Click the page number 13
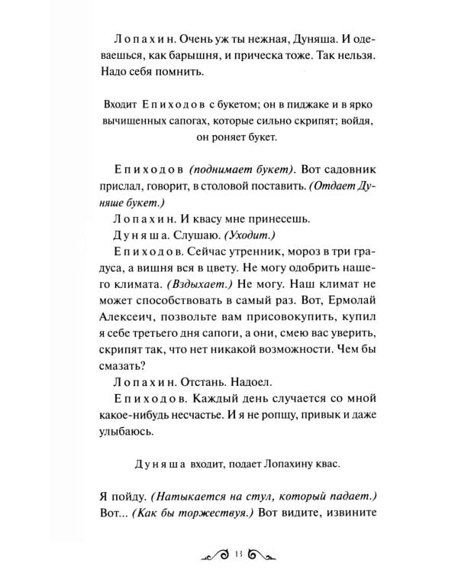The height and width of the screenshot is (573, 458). (239, 554)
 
